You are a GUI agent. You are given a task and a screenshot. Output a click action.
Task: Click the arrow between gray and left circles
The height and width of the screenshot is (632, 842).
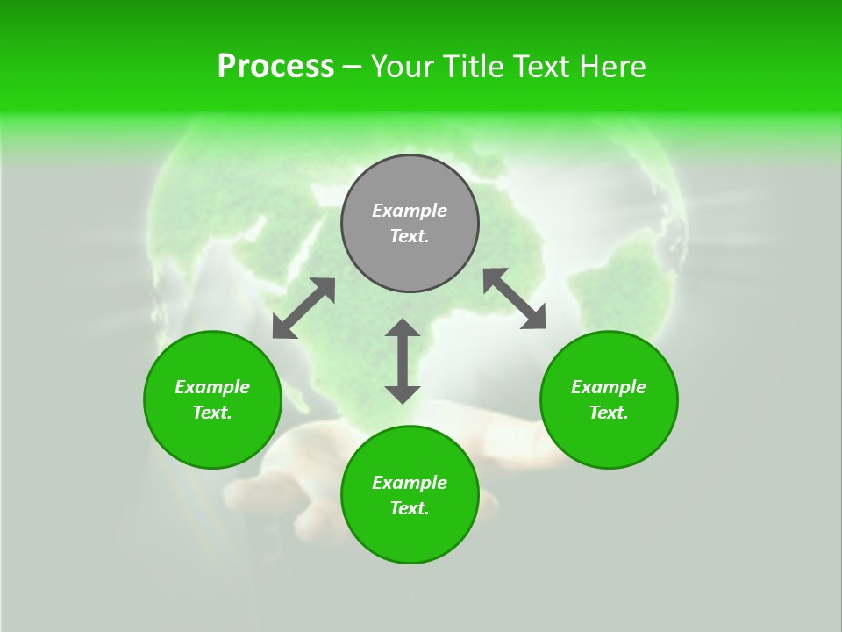tap(303, 308)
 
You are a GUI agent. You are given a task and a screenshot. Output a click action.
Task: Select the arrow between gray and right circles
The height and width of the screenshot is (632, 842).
tap(514, 298)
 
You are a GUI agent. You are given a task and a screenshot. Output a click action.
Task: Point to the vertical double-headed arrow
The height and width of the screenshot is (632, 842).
tap(403, 361)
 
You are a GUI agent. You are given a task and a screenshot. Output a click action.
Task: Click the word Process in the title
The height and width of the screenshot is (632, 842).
tap(275, 67)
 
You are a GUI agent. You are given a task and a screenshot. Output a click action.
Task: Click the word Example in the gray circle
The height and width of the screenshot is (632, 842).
tap(410, 211)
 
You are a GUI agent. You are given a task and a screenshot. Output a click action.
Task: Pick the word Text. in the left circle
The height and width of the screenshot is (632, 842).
tap(212, 413)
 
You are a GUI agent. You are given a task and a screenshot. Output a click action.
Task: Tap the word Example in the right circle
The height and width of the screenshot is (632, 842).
tap(609, 387)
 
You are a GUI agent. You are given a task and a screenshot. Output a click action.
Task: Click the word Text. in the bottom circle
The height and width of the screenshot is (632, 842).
tap(410, 508)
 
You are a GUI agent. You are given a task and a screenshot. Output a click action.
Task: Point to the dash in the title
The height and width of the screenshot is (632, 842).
tap(352, 67)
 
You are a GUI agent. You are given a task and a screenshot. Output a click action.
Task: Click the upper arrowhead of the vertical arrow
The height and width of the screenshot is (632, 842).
tap(403, 327)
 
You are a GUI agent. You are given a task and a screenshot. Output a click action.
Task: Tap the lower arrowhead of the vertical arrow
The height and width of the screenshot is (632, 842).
tap(403, 394)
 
